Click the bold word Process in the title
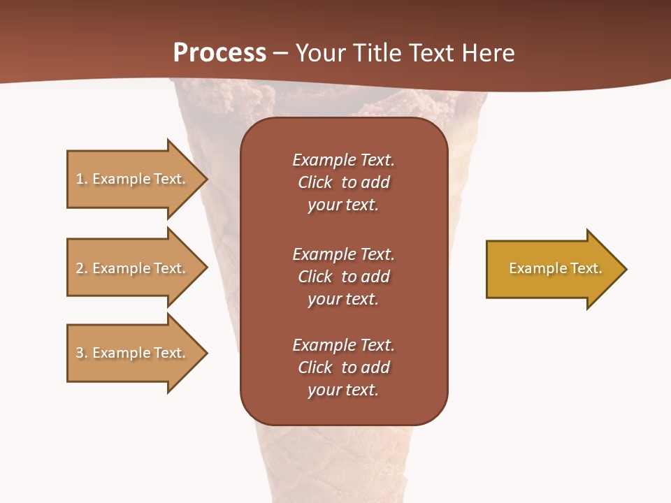[x=219, y=52]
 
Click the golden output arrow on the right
[x=552, y=268]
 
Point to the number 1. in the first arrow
[x=82, y=179]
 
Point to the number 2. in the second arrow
[x=82, y=268]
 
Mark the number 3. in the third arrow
[x=82, y=353]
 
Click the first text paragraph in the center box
[x=343, y=182]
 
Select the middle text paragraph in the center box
[x=343, y=277]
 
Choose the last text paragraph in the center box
[x=343, y=367]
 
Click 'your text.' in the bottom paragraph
[x=343, y=390]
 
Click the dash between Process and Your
[x=281, y=54]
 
